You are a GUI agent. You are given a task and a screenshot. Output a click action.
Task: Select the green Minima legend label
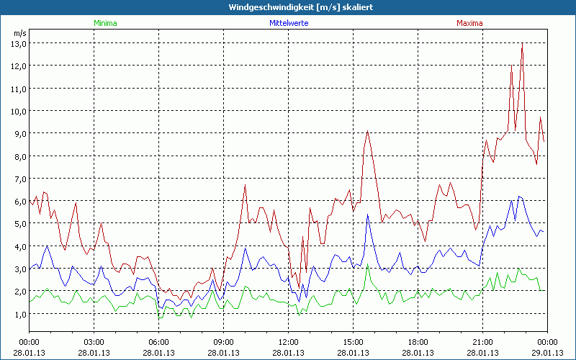point(105,23)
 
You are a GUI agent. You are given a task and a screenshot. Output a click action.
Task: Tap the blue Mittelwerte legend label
point(288,23)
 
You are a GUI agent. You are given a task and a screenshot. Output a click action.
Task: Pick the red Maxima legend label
point(469,23)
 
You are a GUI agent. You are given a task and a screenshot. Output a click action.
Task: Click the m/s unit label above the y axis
point(19,33)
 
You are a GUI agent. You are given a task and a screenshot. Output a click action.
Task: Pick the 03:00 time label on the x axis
point(94,341)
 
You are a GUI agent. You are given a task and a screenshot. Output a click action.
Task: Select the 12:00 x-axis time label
point(288,341)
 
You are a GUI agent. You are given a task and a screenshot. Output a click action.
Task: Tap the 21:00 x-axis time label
point(482,341)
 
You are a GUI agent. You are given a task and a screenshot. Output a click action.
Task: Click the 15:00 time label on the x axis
point(353,341)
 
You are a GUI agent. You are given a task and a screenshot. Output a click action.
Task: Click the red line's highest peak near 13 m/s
point(521,45)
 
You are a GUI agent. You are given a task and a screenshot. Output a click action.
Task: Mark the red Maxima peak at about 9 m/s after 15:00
point(367,131)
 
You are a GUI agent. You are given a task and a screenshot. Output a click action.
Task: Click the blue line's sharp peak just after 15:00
point(368,214)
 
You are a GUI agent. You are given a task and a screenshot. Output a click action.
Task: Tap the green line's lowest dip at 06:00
point(160,318)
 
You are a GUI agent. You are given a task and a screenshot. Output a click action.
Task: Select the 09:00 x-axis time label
point(223,341)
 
